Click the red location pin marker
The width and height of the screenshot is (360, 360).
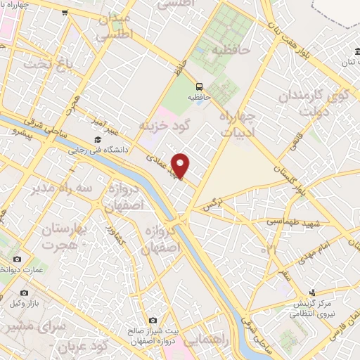(181, 165)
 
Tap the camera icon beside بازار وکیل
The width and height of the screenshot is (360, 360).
(25, 293)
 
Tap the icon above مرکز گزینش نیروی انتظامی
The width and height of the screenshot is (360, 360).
(314, 292)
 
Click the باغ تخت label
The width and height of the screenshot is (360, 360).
(48, 64)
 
